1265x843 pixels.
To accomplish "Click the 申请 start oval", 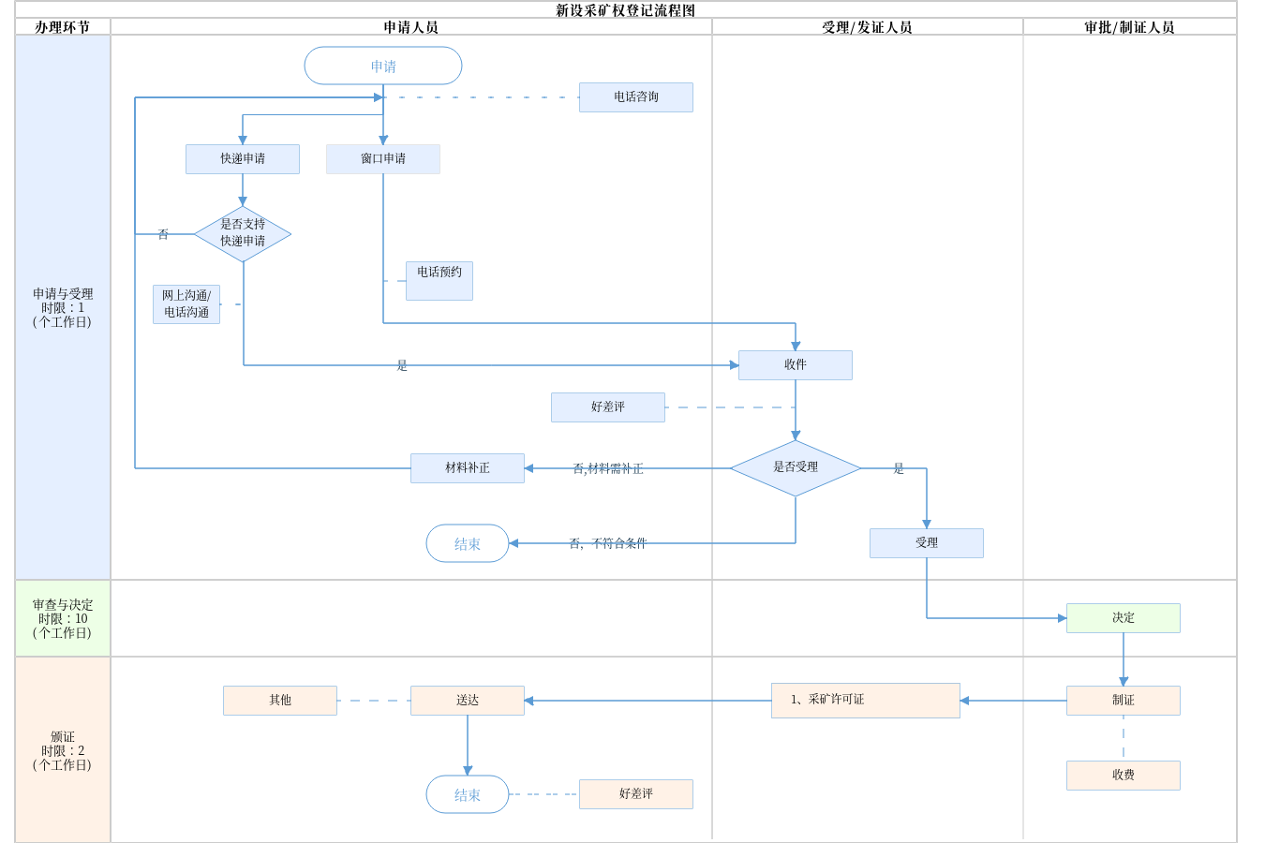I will click(383, 67).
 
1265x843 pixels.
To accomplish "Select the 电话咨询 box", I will click(636, 97).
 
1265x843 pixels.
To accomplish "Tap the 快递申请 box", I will click(243, 159).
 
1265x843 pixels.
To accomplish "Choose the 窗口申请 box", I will click(383, 159).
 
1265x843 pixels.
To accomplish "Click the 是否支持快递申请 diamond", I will click(243, 234).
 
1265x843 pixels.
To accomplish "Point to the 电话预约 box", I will click(439, 281).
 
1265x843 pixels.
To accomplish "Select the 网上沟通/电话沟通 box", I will click(186, 304).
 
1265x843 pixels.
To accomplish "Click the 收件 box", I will click(796, 365).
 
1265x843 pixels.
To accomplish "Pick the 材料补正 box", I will click(468, 468).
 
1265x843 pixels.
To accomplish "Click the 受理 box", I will click(927, 543).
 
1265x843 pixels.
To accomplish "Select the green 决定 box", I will click(1124, 618).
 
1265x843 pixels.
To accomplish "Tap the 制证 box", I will click(1124, 701).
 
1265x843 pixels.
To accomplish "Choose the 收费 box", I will click(1124, 776).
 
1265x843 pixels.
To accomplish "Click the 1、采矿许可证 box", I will click(866, 701).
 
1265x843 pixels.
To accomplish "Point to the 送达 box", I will click(468, 701).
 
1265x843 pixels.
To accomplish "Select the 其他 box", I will click(280, 701).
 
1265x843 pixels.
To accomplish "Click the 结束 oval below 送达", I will click(468, 794).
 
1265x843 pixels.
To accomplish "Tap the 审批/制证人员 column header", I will click(1129, 27).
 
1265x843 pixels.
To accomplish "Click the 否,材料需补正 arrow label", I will click(608, 468).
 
